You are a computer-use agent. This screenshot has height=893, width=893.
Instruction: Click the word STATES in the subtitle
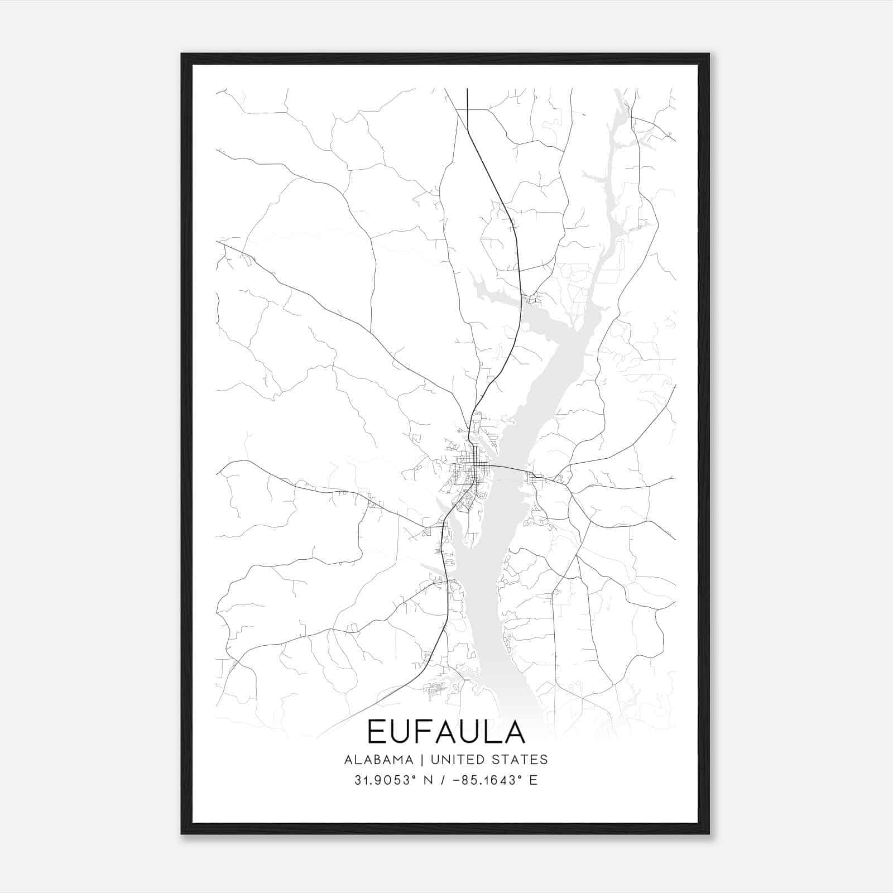tap(520, 760)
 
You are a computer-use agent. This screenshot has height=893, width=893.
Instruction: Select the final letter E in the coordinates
tap(534, 780)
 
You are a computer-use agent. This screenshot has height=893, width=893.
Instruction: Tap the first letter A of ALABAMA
tap(348, 760)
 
